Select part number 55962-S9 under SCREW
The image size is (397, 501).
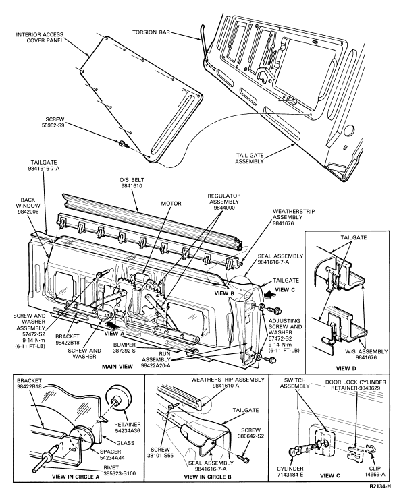53,125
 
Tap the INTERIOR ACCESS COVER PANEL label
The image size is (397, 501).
40,37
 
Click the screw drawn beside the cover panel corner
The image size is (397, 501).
123,144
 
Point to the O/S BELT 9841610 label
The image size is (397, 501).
131,183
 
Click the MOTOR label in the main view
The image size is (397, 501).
171,204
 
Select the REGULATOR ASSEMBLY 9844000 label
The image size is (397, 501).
224,202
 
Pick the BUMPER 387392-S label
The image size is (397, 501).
124,348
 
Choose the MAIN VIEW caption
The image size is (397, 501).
117,367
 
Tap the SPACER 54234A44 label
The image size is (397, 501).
111,454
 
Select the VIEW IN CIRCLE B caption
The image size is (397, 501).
208,477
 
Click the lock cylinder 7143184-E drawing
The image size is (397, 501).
298,450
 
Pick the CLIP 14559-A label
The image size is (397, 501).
375,471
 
